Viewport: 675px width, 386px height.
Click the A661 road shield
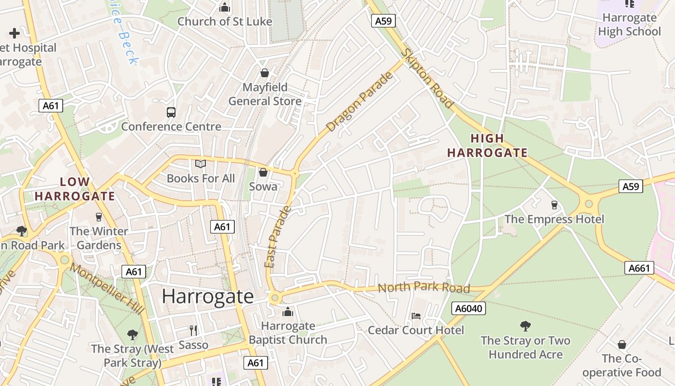click(x=639, y=268)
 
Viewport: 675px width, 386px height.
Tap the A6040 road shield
click(x=468, y=308)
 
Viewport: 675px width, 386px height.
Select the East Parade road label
click(x=278, y=237)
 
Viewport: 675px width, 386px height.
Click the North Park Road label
click(x=423, y=288)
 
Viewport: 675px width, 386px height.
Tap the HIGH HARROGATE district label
click(x=487, y=146)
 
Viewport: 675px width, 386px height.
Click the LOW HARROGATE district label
click(x=75, y=189)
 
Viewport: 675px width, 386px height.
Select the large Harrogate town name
click(x=207, y=296)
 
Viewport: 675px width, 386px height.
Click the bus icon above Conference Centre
click(x=171, y=112)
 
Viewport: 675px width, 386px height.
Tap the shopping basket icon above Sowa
click(x=263, y=172)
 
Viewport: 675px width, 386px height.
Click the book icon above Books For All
click(x=201, y=164)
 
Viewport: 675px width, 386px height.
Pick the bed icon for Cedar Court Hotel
click(x=416, y=316)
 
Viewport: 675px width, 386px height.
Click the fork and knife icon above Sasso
click(x=193, y=330)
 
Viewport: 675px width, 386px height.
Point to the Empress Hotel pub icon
click(x=554, y=205)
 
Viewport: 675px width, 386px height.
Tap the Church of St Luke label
click(x=225, y=21)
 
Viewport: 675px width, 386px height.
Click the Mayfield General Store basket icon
click(x=264, y=73)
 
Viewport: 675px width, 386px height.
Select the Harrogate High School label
click(x=629, y=25)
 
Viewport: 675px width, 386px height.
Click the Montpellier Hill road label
click(x=107, y=289)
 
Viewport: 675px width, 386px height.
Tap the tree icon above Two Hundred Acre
click(x=525, y=326)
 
